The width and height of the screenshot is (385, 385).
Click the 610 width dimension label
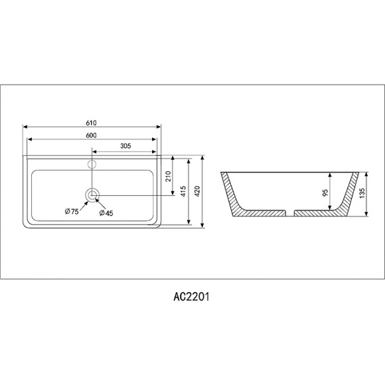(92, 123)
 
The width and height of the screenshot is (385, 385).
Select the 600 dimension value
(92, 135)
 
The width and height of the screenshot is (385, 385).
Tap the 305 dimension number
(125, 147)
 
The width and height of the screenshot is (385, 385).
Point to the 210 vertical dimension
(169, 176)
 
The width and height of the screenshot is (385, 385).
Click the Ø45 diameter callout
(106, 212)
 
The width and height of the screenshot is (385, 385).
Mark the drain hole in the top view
(92, 194)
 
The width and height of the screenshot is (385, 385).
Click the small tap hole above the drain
(92, 163)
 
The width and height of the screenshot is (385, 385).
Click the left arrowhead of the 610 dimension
(25, 127)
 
